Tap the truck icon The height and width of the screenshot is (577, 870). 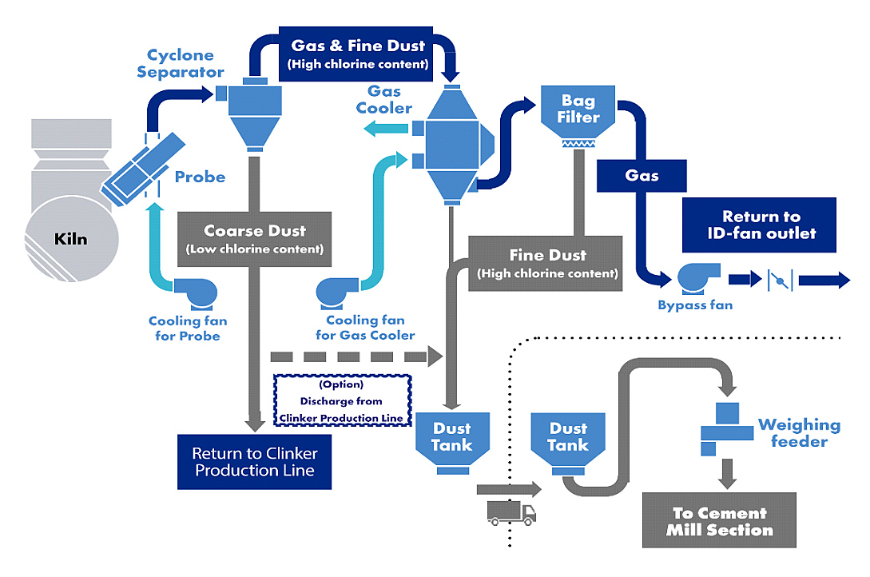pos(511,513)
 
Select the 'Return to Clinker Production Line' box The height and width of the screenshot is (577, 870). pos(253,462)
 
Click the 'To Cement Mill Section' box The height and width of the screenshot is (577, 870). pos(719,520)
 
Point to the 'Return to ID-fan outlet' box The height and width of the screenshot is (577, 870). pos(760,225)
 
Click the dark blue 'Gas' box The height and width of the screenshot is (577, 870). pos(642,175)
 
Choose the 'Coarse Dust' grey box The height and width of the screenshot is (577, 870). pos(254,238)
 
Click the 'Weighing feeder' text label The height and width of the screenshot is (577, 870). pos(799,432)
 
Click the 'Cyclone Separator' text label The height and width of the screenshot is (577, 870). pos(180,64)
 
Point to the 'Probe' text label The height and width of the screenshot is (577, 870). pos(200,177)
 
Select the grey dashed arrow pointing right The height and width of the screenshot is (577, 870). pos(356,356)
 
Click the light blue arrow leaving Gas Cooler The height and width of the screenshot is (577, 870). pos(383,129)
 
